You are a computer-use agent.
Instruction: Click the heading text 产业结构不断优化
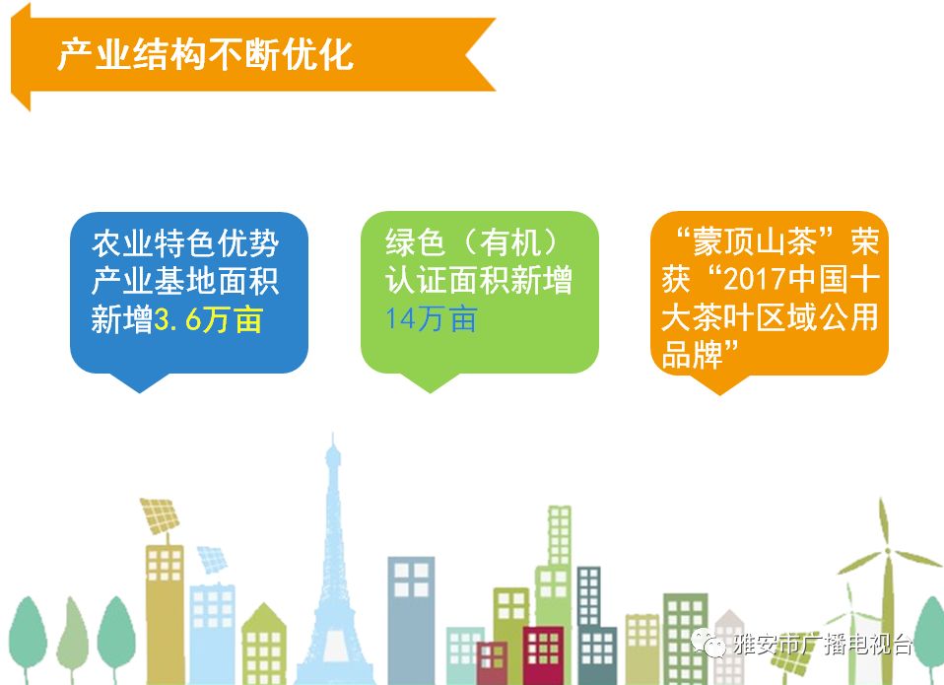coord(205,55)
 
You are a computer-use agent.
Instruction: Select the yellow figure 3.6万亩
coord(208,319)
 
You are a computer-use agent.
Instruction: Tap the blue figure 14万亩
coord(432,319)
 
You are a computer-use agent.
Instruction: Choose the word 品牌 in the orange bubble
coord(693,354)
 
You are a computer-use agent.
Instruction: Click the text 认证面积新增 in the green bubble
coord(479,281)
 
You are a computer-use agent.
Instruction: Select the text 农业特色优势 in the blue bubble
coord(185,243)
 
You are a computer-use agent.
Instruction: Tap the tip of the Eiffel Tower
coord(333,434)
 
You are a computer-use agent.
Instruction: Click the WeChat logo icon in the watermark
coord(708,644)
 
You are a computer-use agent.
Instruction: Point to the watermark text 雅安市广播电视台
coord(823,645)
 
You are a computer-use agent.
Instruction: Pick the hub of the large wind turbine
coord(887,551)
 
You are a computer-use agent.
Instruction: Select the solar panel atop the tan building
coord(160,515)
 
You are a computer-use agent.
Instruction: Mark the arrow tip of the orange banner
coord(13,56)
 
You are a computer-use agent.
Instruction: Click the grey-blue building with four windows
coord(411,620)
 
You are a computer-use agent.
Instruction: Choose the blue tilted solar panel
coord(212,559)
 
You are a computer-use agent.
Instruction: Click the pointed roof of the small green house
coord(264,614)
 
